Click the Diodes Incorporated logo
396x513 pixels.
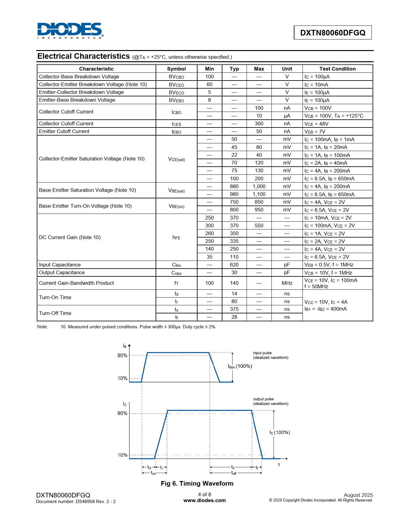[70, 30]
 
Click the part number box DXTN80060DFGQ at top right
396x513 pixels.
[333, 33]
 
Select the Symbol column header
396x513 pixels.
[176, 69]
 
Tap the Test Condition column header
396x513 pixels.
[337, 69]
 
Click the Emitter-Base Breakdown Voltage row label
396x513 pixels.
[77, 100]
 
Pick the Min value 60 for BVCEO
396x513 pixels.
[209, 84]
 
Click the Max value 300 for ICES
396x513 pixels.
[259, 123]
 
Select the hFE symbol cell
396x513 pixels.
[176, 238]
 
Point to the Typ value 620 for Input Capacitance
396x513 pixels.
[234, 265]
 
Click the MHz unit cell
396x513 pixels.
[287, 283]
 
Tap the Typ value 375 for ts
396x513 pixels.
[234, 309]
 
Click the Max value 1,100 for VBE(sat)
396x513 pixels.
[259, 194]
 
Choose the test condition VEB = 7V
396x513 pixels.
[315, 132]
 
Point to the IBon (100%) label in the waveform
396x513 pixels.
[240, 366]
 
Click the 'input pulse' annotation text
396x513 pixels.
[262, 353]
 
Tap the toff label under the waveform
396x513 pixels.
[234, 473]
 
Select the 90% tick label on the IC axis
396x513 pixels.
[122, 413]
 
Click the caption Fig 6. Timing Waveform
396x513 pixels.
[197, 483]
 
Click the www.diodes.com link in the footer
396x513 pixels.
[204, 500]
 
